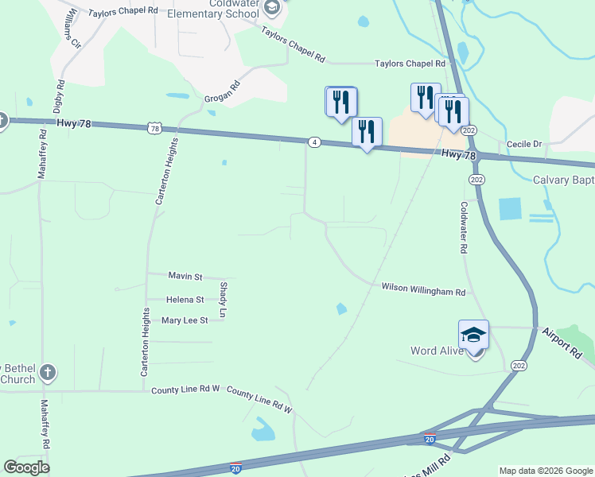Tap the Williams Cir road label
72,29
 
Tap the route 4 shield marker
315,142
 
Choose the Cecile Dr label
525,144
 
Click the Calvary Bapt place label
563,180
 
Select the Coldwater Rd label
464,227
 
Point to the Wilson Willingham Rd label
423,291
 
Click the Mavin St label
185,276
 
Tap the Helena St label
185,300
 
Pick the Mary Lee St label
184,320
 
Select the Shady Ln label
224,300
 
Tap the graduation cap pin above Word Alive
473,335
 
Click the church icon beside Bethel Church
48,372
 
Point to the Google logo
26,467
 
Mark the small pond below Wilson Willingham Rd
341,308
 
